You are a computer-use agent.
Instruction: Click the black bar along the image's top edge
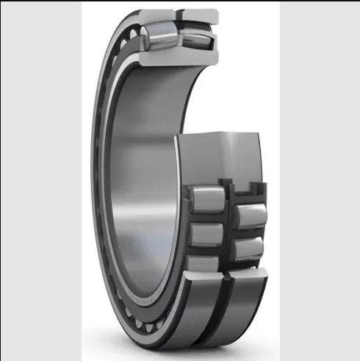(180, 1)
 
